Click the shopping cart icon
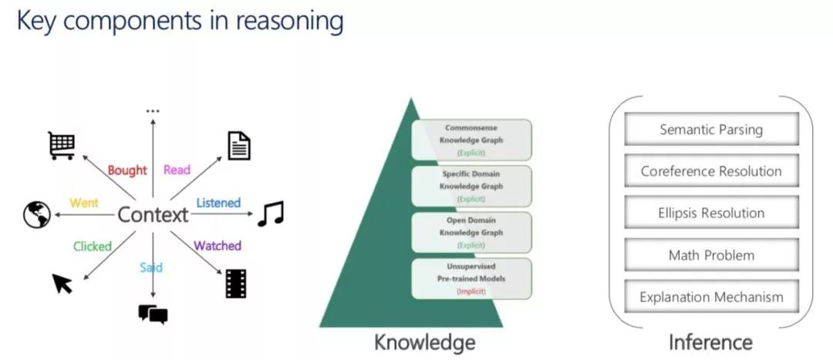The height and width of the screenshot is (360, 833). click(61, 145)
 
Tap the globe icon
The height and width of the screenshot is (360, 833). click(36, 214)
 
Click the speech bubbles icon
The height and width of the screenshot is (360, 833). click(153, 314)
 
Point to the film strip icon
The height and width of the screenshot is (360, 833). click(237, 283)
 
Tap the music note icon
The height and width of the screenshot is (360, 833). click(270, 214)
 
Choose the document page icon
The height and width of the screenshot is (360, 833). click(239, 146)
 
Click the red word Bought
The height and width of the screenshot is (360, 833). click(127, 170)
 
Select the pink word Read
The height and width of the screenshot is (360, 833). click(177, 170)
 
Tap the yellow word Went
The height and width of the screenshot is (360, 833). click(84, 204)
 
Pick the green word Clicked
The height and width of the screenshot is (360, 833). click(93, 247)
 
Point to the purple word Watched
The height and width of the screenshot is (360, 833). click(218, 247)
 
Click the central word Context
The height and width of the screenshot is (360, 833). click(153, 215)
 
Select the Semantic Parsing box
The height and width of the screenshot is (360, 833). click(711, 130)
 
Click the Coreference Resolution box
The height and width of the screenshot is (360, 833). click(711, 171)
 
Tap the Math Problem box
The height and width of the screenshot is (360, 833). click(711, 254)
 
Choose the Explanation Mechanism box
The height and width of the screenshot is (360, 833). click(711, 296)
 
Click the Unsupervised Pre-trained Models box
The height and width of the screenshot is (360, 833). click(471, 278)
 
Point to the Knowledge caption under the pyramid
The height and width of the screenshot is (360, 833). click(424, 341)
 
